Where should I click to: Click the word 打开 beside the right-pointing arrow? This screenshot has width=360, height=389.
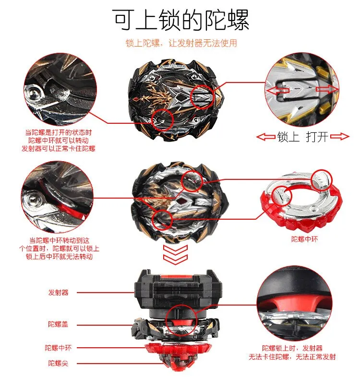point(317,137)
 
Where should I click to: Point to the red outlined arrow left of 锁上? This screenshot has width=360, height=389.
point(265,137)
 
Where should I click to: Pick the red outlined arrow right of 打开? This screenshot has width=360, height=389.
point(340,137)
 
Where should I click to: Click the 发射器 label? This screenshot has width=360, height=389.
point(58,292)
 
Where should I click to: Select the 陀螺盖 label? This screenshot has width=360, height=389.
point(58,325)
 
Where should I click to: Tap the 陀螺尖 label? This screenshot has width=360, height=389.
point(58,363)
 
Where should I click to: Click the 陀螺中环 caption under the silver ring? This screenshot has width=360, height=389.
point(304,238)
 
